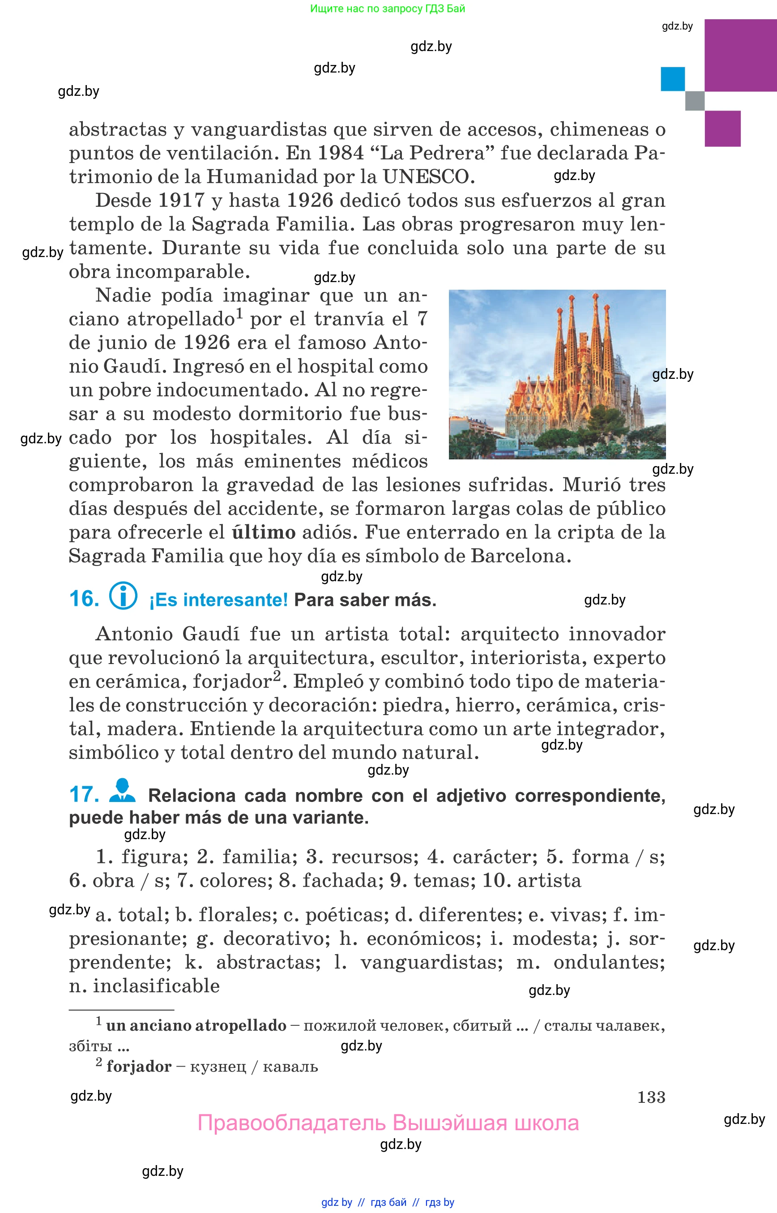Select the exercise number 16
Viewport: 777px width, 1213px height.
click(x=84, y=599)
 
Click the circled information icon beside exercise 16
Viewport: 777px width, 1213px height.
click(x=123, y=596)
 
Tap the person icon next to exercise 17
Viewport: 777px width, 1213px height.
click(x=122, y=790)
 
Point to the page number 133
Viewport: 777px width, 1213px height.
click(x=651, y=1097)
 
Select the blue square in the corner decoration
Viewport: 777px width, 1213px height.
click(x=673, y=79)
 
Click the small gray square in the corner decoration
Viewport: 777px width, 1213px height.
click(x=694, y=100)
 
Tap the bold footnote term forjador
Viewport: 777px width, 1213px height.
click(x=139, y=1067)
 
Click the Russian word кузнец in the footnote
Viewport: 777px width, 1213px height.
click(x=218, y=1067)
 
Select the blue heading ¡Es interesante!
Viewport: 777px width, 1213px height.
click(x=218, y=600)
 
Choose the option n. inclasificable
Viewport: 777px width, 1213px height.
click(x=144, y=986)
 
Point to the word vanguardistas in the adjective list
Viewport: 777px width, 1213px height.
click(x=431, y=962)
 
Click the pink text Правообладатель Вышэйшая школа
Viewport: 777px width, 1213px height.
click(x=388, y=1123)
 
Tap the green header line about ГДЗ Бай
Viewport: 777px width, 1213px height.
click(x=388, y=9)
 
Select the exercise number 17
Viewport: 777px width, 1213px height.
click(x=84, y=794)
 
